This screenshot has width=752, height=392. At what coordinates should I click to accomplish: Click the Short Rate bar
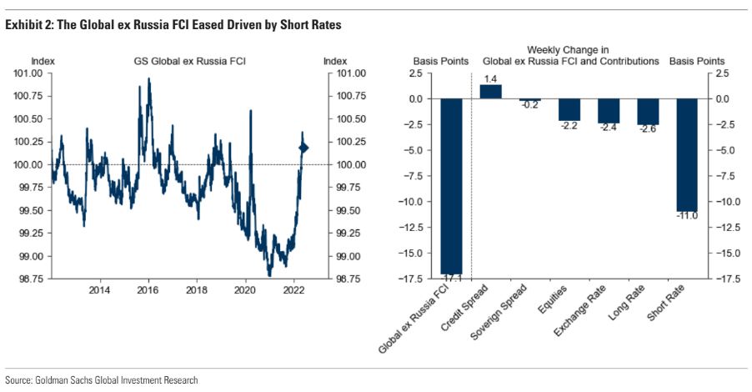tap(687, 155)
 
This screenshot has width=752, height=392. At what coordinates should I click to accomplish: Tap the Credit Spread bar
tap(491, 92)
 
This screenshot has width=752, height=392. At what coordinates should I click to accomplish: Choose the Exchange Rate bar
tap(609, 111)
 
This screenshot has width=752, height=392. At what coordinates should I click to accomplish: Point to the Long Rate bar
tap(648, 112)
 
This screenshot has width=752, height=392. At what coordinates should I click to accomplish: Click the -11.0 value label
tap(686, 216)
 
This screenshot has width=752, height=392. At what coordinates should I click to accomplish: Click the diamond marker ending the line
tap(303, 148)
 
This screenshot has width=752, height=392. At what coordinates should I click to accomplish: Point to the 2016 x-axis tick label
tap(148, 290)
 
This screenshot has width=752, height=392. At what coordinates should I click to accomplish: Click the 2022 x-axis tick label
tap(293, 290)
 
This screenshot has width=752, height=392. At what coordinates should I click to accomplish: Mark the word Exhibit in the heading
tap(23, 26)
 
